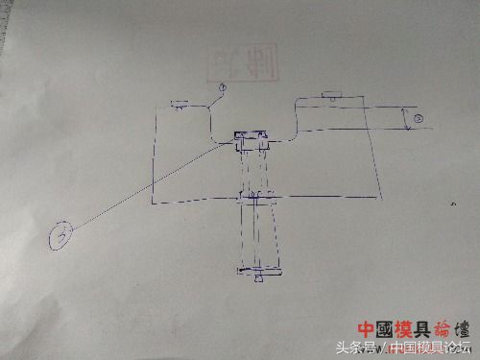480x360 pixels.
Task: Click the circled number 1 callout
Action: click(x=222, y=89)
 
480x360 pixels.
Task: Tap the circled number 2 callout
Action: click(x=419, y=117)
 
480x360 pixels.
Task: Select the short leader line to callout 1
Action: click(x=213, y=100)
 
